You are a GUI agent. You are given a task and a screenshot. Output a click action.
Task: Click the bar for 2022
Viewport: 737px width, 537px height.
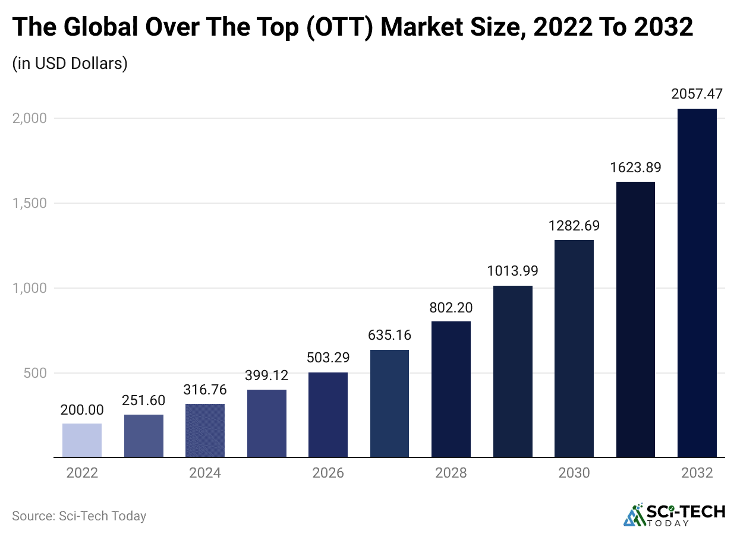[82, 440]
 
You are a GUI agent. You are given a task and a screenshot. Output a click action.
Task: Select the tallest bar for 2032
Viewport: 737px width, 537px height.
[697, 283]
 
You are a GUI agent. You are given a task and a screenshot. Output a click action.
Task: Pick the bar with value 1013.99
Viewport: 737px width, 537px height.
[512, 371]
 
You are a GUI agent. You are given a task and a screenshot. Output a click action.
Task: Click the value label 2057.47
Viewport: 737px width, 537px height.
[697, 94]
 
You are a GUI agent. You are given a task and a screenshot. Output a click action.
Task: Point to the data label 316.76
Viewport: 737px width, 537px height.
[205, 389]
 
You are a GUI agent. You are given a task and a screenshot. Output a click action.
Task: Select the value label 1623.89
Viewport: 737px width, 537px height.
[635, 168]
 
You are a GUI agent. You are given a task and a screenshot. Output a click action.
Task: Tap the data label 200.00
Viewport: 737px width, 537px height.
[82, 409]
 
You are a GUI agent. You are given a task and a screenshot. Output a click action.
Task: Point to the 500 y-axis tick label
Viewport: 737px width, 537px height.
[35, 373]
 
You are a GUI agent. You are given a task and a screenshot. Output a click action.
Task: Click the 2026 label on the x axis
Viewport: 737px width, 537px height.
[328, 473]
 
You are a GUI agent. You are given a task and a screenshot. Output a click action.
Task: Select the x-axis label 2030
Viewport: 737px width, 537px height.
[574, 473]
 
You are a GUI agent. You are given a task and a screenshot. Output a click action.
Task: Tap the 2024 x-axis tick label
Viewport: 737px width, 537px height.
[205, 473]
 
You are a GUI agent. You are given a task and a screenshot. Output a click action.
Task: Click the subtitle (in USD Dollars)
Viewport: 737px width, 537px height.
[70, 63]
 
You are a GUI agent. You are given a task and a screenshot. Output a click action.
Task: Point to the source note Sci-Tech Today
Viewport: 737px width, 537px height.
[79, 516]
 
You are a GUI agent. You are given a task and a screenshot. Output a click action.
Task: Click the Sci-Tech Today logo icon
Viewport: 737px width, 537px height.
[634, 515]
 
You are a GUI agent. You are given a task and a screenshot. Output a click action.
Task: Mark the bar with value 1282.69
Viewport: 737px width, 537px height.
[574, 348]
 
